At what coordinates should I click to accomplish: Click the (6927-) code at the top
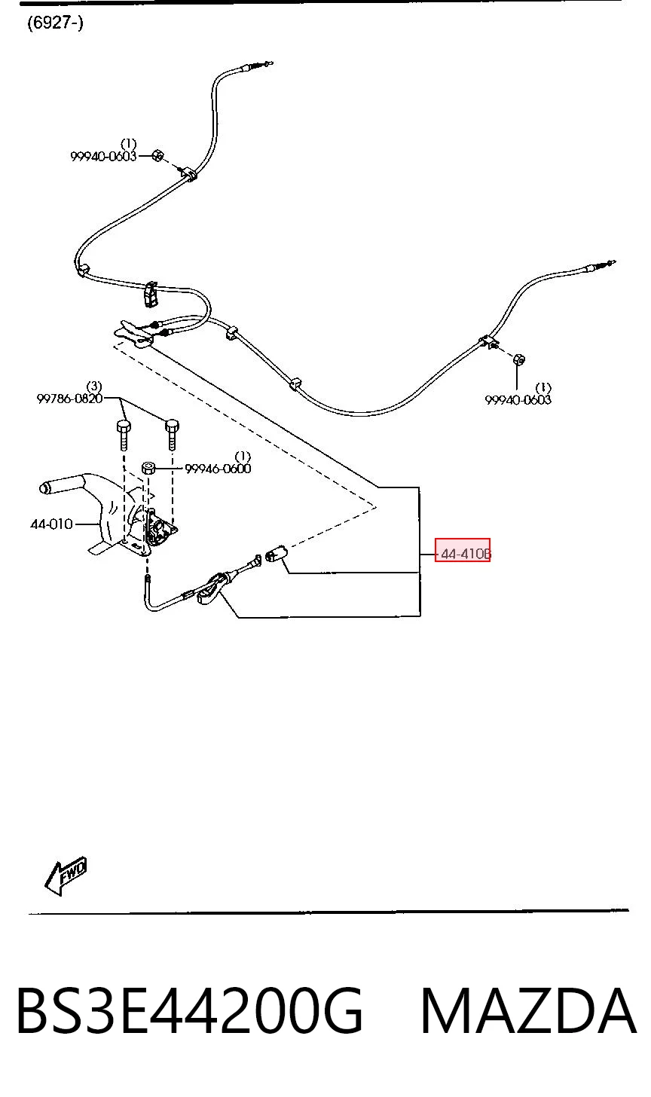click(55, 23)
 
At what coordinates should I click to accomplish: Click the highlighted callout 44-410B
click(463, 554)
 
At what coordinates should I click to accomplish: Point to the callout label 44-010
click(51, 524)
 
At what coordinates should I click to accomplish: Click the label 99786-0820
click(69, 399)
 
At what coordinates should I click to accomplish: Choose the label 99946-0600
click(218, 469)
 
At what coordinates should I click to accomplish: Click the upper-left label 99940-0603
click(103, 157)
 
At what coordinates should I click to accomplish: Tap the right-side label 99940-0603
click(518, 400)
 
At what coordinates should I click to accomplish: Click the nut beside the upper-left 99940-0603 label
click(157, 156)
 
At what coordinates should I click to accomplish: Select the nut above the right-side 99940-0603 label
click(518, 359)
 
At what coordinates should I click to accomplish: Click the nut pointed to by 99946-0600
click(148, 468)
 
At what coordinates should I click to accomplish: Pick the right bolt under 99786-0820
click(172, 434)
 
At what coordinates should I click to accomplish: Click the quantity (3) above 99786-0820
click(94, 387)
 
